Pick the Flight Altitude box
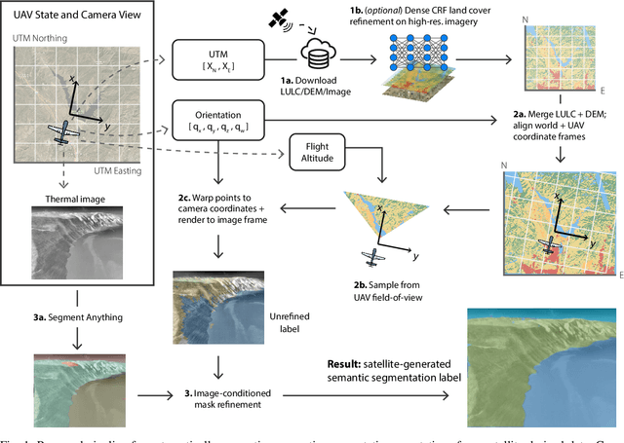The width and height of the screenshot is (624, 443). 322,150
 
